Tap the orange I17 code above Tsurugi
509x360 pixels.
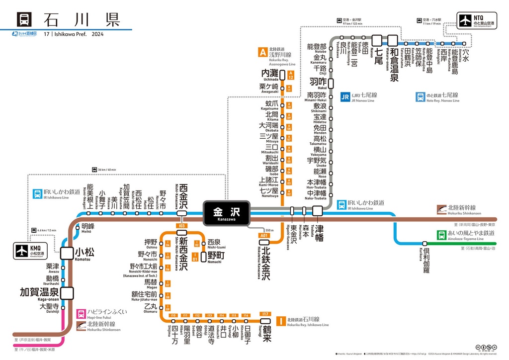click(x=265, y=314)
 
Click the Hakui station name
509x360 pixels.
click(x=318, y=83)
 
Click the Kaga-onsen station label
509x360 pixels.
click(x=39, y=293)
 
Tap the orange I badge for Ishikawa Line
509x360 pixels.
click(x=281, y=321)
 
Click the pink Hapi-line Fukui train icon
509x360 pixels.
click(x=81, y=314)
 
